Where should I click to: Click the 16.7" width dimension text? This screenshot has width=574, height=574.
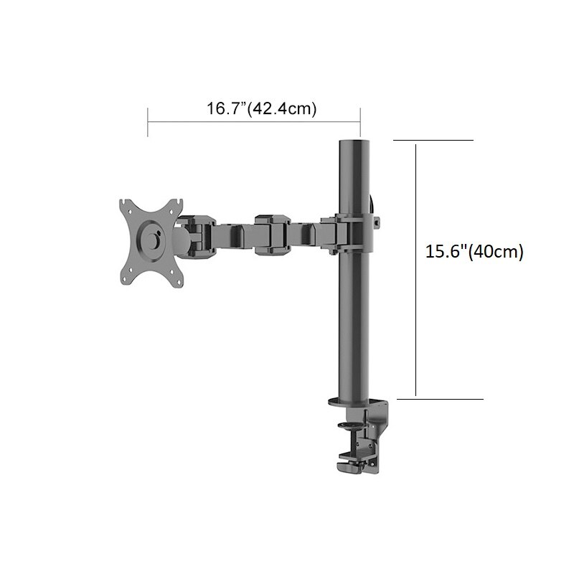tap(262, 109)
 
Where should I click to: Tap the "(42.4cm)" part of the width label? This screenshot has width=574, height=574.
tap(283, 109)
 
